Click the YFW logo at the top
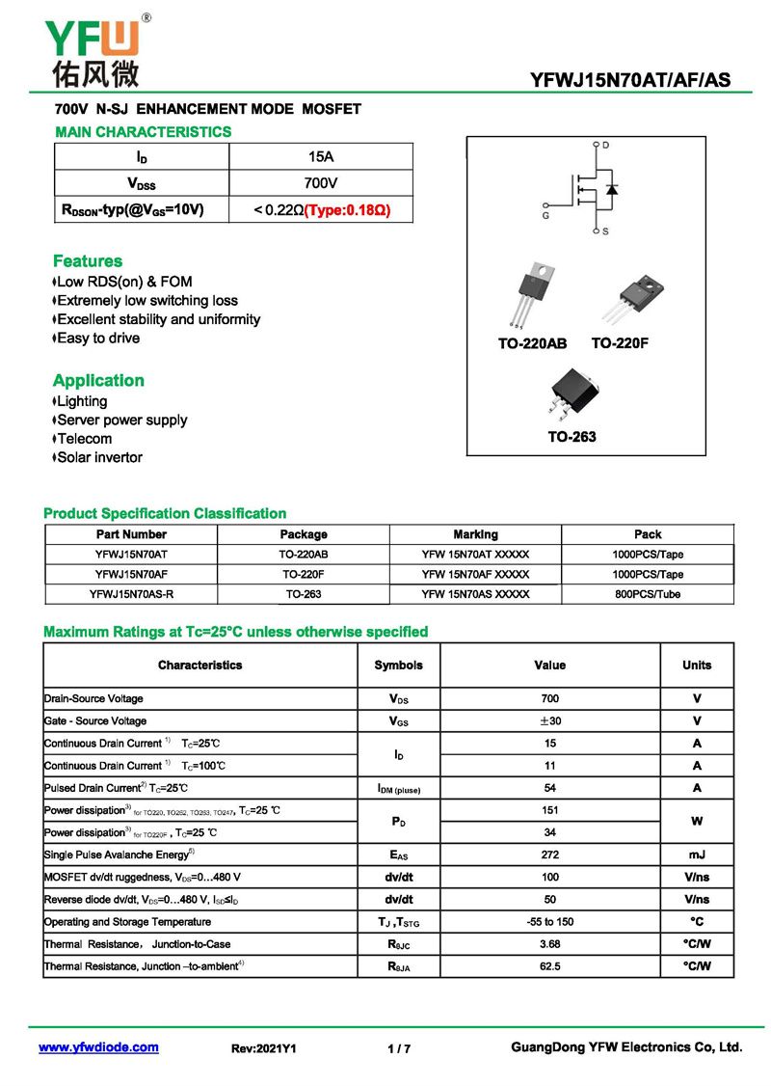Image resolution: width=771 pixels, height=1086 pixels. [93, 50]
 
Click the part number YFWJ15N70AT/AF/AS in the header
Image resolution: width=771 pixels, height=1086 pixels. [630, 81]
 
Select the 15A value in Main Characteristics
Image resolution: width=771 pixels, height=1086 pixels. [320, 156]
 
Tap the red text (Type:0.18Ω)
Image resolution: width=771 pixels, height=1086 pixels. [347, 209]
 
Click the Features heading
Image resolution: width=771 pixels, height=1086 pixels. [88, 261]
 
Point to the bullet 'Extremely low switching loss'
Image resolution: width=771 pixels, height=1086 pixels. [146, 301]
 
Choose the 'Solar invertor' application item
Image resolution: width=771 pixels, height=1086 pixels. [99, 457]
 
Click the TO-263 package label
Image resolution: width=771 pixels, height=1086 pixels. [572, 437]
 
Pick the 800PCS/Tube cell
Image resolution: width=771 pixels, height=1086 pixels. [648, 594]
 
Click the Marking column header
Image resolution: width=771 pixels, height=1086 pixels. [476, 534]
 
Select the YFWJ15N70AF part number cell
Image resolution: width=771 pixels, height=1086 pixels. [131, 575]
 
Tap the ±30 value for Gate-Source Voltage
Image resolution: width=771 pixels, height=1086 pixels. [550, 721]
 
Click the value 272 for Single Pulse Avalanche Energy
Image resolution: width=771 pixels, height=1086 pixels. [550, 855]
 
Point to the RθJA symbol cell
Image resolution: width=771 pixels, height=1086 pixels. [398, 966]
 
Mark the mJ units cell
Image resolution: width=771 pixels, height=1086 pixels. [697, 855]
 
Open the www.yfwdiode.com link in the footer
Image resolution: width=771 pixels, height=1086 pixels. [98, 1047]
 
